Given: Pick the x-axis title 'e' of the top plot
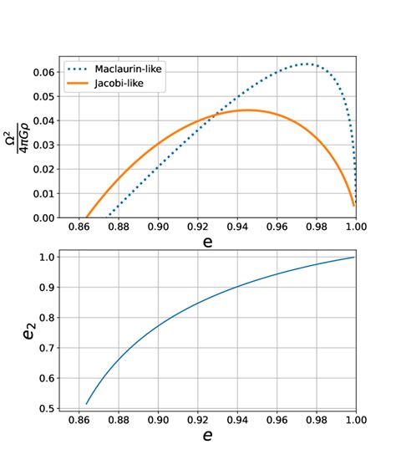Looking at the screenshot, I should point(207,243).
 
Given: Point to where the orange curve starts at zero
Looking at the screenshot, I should point(87,217).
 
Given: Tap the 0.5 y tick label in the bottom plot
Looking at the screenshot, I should point(48,408).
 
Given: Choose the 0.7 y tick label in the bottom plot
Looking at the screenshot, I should point(48,347).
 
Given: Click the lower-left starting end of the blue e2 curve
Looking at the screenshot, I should point(86,404).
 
